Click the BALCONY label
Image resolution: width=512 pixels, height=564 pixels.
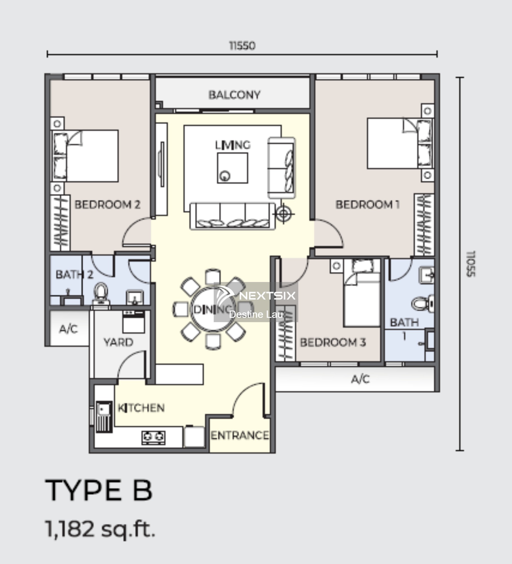pos(234,95)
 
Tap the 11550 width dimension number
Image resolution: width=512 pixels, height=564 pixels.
pos(242,46)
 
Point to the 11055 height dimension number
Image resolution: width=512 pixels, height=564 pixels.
pos(470,264)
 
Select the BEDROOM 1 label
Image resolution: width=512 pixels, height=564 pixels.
pos(368,204)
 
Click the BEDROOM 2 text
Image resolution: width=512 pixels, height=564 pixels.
pos(107,204)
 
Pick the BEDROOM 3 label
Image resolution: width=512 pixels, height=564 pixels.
pos(333,342)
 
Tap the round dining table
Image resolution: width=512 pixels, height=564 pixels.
pos(214,310)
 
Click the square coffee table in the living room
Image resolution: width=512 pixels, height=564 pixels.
pos(232,168)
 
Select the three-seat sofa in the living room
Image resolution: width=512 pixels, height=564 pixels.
pos(232,216)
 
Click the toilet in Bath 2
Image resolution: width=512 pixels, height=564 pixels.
pos(101,293)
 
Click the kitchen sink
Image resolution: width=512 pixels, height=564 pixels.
pos(104,417)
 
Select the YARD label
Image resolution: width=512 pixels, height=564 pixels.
pos(118,342)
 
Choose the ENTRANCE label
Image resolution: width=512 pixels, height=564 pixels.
pos(240,435)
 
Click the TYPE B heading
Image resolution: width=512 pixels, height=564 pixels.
pos(99,491)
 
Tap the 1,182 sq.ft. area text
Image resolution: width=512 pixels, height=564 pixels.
pos(100,529)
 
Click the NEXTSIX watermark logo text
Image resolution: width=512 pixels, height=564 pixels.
pos(267,296)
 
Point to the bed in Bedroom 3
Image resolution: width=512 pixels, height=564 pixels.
pos(362,293)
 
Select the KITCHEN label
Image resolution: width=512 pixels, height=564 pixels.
pos(141,408)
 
